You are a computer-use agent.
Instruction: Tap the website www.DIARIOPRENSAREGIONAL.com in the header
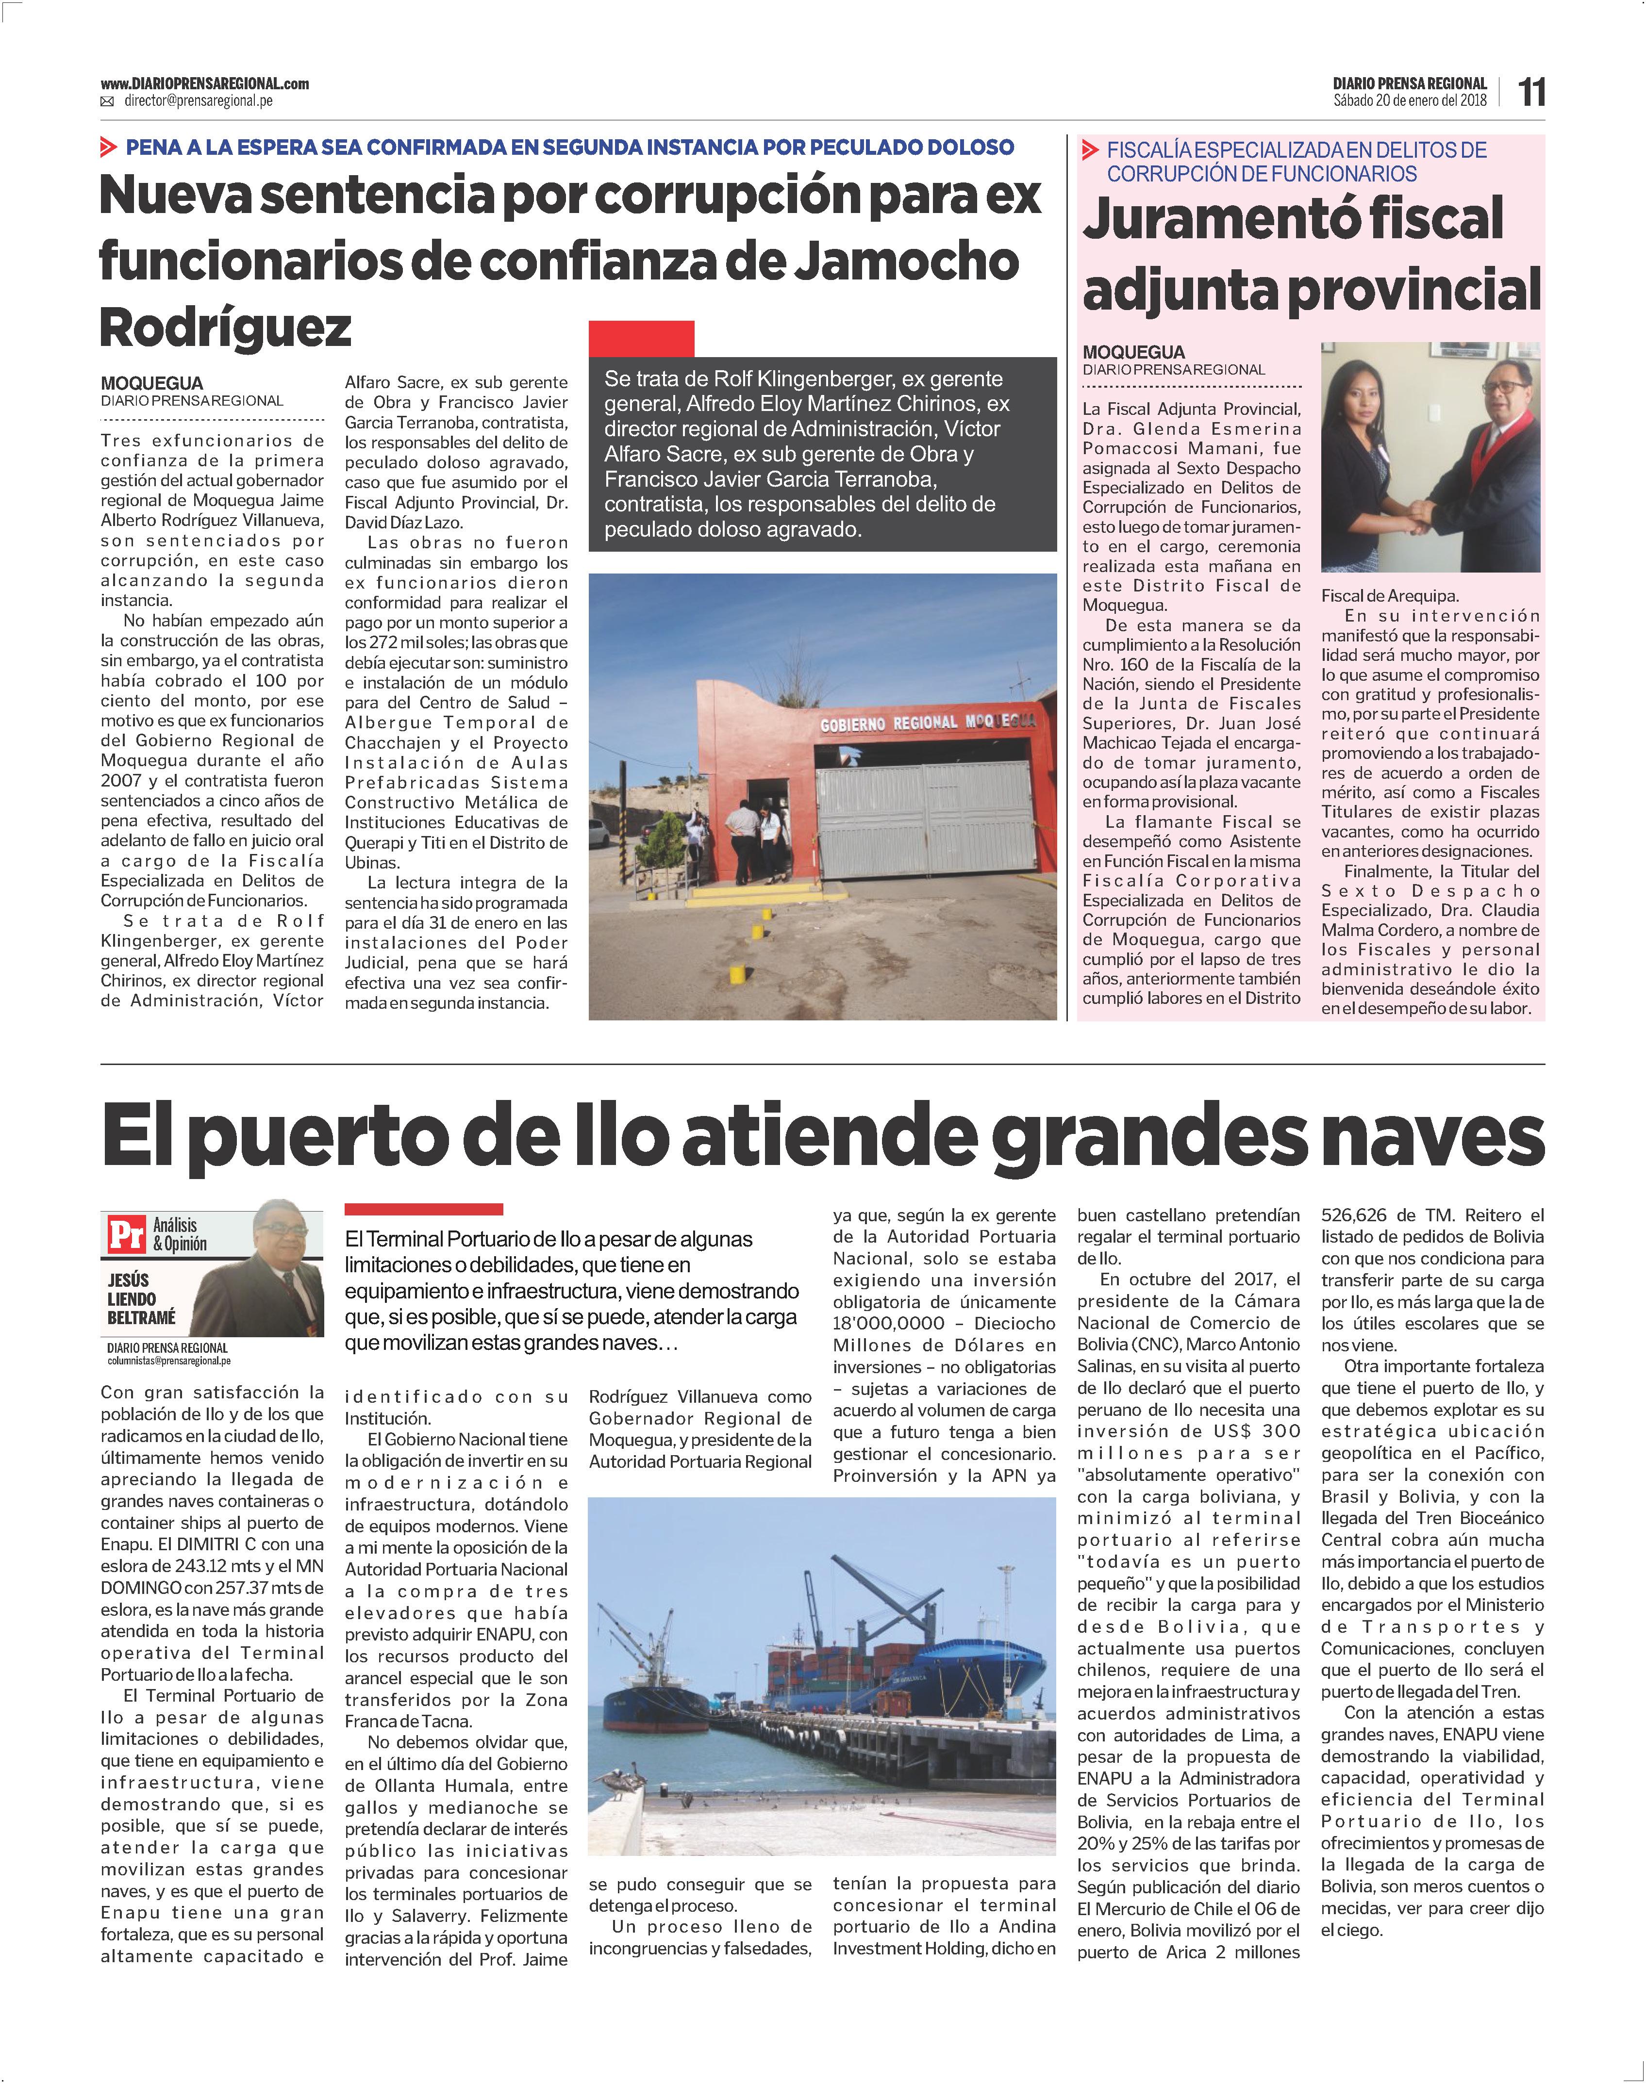[x=204, y=84]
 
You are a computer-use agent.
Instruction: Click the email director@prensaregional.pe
[x=199, y=101]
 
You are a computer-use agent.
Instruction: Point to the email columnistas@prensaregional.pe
[x=168, y=1361]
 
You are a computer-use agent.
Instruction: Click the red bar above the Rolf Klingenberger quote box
[x=641, y=338]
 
